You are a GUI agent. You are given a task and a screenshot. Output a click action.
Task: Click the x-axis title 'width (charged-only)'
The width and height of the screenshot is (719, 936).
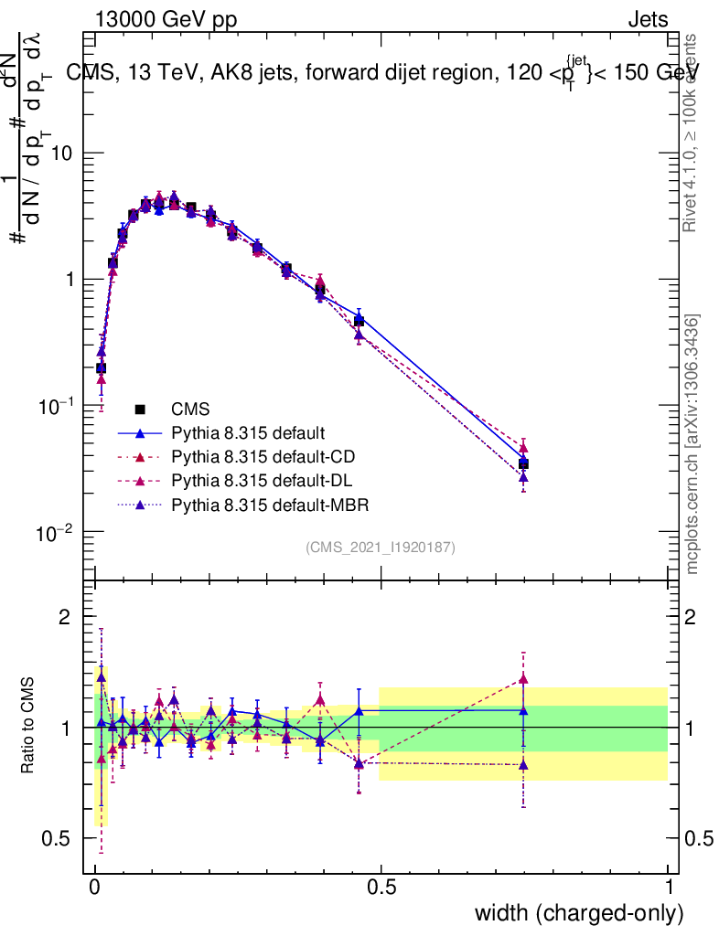point(578,912)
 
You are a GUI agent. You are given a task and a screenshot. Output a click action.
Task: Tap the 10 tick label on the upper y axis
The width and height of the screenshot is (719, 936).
point(61,153)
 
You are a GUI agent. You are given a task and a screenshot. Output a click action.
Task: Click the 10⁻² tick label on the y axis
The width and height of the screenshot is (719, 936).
point(57,531)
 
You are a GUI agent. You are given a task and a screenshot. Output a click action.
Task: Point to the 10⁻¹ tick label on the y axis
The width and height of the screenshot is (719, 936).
point(57,405)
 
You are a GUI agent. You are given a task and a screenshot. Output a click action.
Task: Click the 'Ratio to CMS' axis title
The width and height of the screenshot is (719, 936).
point(28,727)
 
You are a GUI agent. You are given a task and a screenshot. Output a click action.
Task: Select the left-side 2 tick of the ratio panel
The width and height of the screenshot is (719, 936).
point(65,617)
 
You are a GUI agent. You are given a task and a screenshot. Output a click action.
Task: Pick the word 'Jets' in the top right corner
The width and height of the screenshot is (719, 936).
point(647,19)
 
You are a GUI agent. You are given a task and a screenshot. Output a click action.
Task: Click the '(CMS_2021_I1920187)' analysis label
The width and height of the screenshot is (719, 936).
point(381,548)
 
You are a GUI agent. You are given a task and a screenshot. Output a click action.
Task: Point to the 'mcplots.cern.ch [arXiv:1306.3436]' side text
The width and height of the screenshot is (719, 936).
point(693,444)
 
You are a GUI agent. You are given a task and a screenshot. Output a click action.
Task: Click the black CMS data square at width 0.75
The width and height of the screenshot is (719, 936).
point(523,463)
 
